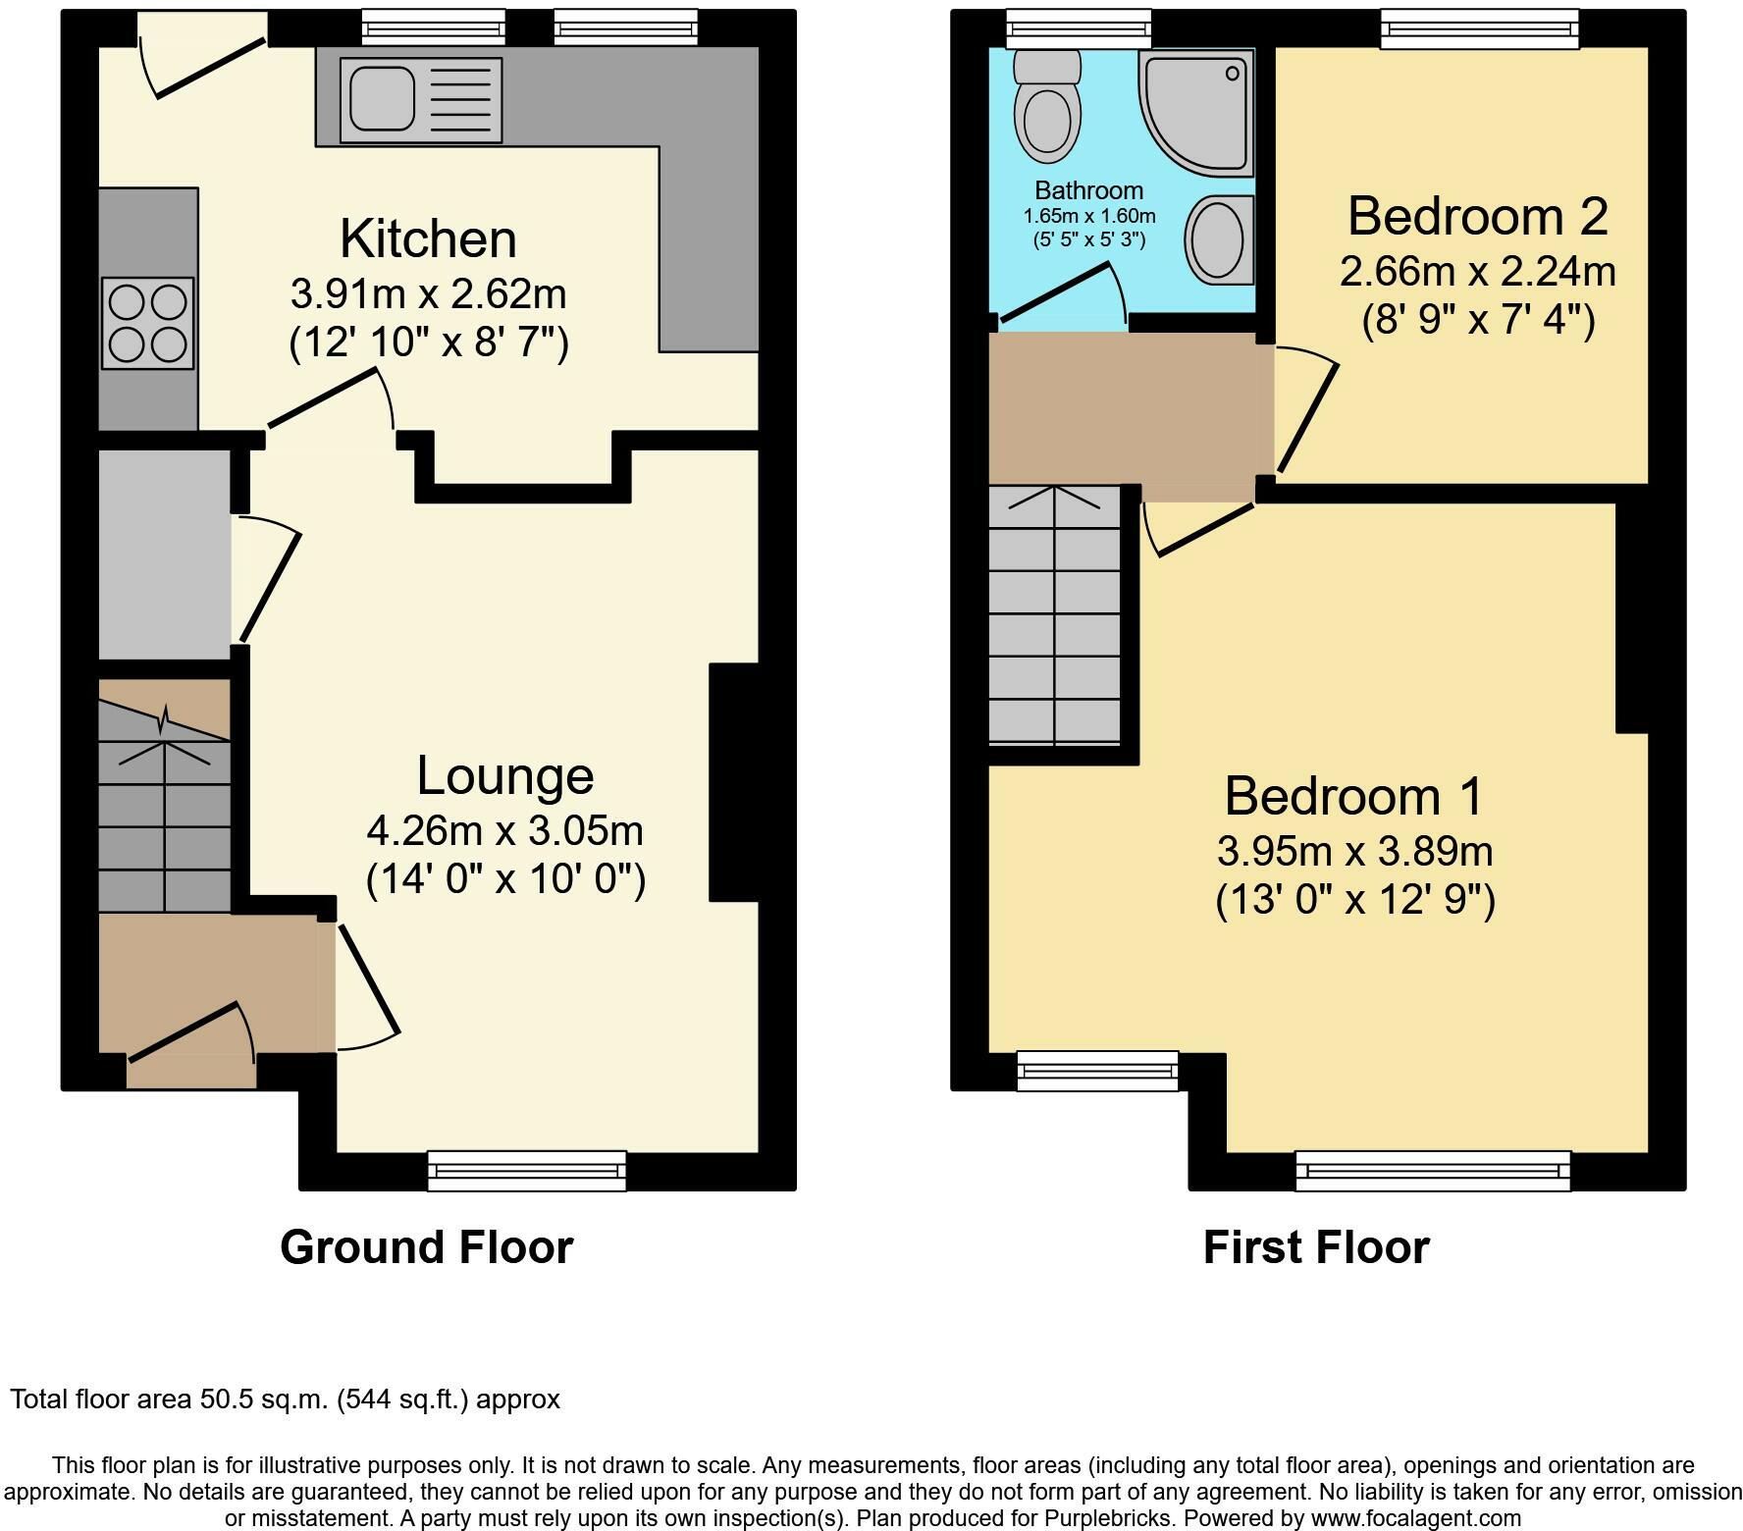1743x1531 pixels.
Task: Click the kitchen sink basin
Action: [378, 95]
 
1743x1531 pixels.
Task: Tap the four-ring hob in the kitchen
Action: [147, 323]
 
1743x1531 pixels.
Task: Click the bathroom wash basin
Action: [1220, 238]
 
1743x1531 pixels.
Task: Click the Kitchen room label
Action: [428, 238]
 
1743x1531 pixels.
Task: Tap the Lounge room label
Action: [505, 776]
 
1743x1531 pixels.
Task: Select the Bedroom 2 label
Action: [1478, 216]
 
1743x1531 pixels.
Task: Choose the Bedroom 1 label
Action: [1354, 796]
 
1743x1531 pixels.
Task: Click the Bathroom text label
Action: [1089, 190]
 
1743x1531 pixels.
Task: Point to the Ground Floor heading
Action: [427, 1247]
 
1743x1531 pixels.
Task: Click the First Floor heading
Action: [1316, 1247]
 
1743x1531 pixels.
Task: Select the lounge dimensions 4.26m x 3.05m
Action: [505, 831]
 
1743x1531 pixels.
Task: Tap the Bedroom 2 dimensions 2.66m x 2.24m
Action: [1478, 271]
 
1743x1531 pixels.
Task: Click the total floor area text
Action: [286, 1399]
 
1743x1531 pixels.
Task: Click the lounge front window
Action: [527, 1171]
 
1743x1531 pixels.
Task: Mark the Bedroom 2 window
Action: [1480, 28]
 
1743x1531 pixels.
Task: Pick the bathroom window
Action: [1080, 28]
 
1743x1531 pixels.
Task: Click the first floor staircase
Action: [1055, 614]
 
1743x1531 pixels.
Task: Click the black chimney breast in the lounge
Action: [734, 782]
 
